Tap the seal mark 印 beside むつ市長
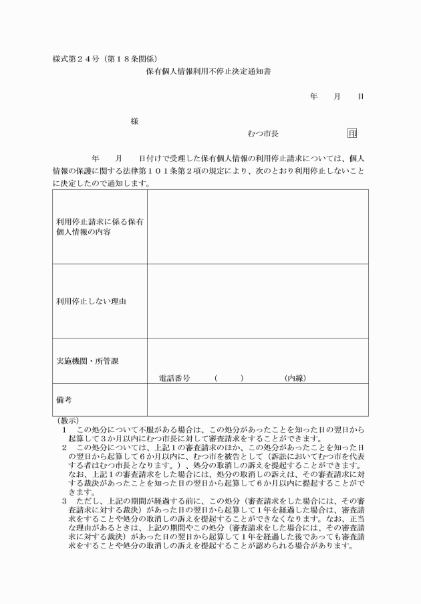(x=352, y=134)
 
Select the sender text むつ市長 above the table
(x=263, y=134)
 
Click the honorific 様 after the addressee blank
(x=135, y=121)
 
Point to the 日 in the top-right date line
(x=360, y=96)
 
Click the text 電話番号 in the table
(x=174, y=378)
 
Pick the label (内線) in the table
(x=295, y=378)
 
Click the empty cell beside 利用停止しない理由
(x=257, y=301)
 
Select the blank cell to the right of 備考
(x=257, y=399)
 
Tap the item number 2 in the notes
(x=64, y=446)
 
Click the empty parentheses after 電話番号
(x=229, y=378)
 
